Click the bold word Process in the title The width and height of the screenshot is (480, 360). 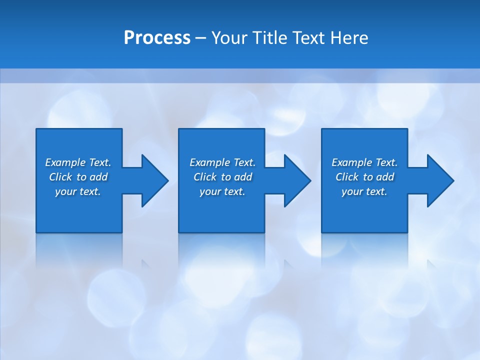[x=157, y=38]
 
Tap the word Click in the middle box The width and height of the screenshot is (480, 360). [x=205, y=177]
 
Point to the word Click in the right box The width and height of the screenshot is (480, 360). [x=347, y=177]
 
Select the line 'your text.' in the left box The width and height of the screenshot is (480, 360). [x=78, y=191]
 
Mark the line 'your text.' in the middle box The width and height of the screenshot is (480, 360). [x=222, y=191]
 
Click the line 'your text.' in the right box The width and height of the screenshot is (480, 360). [x=364, y=191]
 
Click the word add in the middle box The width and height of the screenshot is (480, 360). [x=243, y=177]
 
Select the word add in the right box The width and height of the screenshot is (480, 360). [x=385, y=177]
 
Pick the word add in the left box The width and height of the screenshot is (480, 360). [x=98, y=177]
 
